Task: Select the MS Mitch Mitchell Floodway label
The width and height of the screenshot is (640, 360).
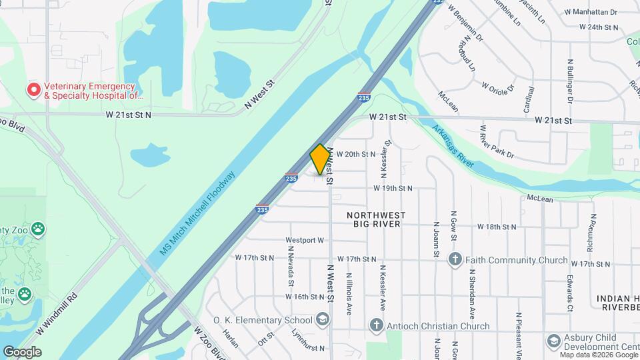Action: point(198,213)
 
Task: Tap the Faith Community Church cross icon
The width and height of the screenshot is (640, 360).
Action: point(455,260)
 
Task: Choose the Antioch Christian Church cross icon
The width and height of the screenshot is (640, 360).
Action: point(377,326)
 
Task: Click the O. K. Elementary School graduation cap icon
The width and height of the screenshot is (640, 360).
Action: point(323,320)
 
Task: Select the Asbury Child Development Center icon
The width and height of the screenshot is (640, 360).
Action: point(553,342)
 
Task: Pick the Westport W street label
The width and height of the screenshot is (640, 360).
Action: point(304,240)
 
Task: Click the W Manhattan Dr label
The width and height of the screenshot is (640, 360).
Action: point(591,12)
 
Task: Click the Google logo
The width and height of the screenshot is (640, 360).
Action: point(22,351)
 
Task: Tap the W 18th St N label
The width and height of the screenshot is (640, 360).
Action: point(496,227)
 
